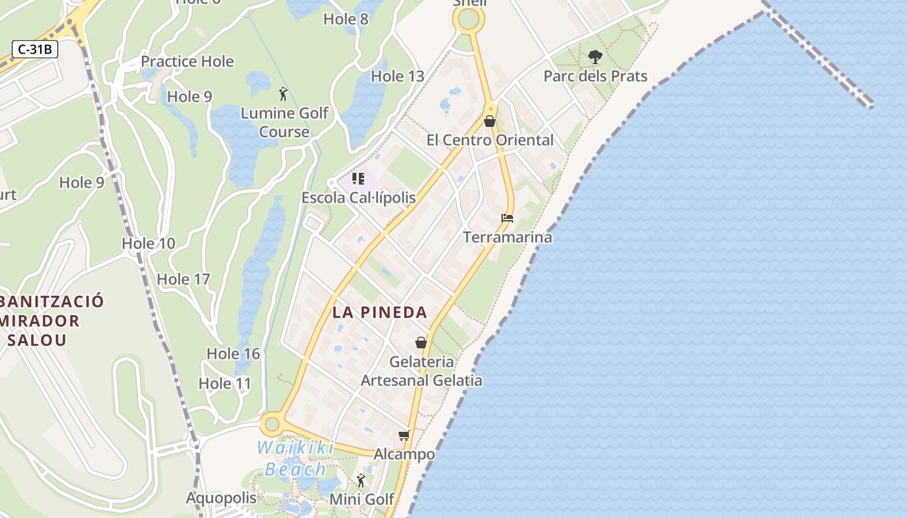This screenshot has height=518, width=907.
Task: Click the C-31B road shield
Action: click(35, 49)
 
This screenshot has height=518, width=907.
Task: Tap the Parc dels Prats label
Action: click(595, 76)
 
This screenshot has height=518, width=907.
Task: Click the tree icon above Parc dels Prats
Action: click(595, 58)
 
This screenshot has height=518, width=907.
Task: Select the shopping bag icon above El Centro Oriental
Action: click(490, 121)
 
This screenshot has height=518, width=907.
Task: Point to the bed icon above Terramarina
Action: click(507, 218)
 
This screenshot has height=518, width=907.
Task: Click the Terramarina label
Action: click(507, 237)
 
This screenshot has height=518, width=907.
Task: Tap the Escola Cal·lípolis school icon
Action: click(358, 178)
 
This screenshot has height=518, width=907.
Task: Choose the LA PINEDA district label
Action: click(380, 312)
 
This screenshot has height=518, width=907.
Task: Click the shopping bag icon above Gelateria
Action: click(421, 343)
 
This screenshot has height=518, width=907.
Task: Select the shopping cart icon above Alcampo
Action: click(404, 436)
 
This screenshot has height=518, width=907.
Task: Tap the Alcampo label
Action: click(404, 454)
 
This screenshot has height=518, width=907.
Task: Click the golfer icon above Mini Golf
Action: click(361, 480)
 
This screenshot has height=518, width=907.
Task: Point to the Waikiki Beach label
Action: click(295, 458)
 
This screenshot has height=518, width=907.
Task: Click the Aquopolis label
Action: click(222, 498)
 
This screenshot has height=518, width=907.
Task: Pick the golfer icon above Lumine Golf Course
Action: click(283, 94)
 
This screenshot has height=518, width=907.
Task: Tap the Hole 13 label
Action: click(397, 76)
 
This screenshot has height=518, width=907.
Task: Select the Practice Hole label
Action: click(187, 62)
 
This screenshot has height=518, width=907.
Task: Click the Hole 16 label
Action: click(233, 354)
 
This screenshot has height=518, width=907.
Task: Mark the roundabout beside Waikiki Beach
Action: click(271, 425)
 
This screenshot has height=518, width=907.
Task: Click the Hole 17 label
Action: click(183, 279)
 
